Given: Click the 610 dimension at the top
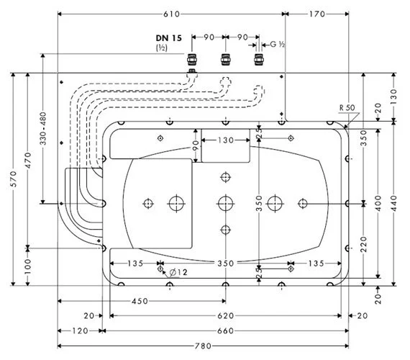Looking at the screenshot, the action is [171, 14].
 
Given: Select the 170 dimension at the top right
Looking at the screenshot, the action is [317, 14].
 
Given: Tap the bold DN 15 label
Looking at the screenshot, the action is [168, 38].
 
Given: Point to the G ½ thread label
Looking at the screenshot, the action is [278, 44].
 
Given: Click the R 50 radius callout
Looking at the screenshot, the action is [347, 107].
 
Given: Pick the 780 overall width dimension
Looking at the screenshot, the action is [203, 346].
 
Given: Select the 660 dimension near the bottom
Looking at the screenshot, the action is [225, 331].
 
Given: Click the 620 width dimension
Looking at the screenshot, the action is [225, 316].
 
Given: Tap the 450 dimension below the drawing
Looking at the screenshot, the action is [140, 301].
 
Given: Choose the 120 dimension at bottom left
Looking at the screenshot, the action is [80, 331].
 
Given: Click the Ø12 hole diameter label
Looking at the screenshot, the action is [178, 273].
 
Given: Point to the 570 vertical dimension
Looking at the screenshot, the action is [14, 179].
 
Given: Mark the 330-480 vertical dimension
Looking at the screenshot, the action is [43, 128].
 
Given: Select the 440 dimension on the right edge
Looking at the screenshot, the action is [393, 204].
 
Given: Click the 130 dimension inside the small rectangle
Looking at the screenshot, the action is [226, 140].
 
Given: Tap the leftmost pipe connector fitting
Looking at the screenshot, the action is [192, 60].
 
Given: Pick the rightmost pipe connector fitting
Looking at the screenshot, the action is [259, 60].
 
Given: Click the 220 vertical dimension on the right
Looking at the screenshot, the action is [363, 244].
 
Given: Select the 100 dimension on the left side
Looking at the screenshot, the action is [28, 267].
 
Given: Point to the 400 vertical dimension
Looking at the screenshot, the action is [378, 204].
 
